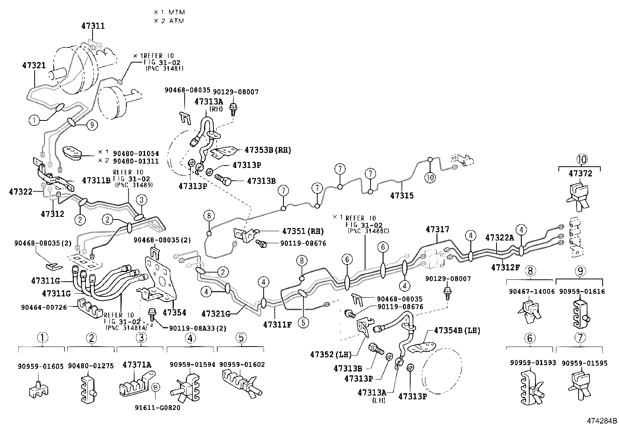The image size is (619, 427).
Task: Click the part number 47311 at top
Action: pyautogui.click(x=93, y=26)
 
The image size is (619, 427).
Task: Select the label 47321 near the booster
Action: pyautogui.click(x=33, y=66)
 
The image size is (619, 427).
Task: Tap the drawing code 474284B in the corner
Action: pyautogui.click(x=602, y=421)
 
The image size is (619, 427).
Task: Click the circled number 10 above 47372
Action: pyautogui.click(x=581, y=159)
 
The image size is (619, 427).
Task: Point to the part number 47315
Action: pyautogui.click(x=402, y=196)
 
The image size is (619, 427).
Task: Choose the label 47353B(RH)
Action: pyautogui.click(x=268, y=150)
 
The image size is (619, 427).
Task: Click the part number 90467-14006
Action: pyautogui.click(x=532, y=292)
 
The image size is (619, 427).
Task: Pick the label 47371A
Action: pyautogui.click(x=137, y=364)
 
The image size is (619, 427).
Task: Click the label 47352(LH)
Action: pyautogui.click(x=331, y=354)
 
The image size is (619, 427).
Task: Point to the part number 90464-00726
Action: pyautogui.click(x=44, y=307)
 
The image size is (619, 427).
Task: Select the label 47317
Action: pyautogui.click(x=437, y=230)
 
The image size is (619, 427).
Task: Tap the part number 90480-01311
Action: pyautogui.click(x=136, y=160)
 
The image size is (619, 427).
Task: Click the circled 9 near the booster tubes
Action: pyautogui.click(x=92, y=125)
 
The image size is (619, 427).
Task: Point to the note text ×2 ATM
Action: pyautogui.click(x=169, y=21)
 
